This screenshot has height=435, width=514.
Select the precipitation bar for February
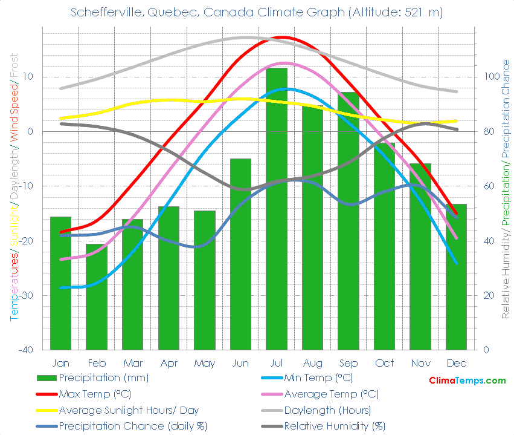97,296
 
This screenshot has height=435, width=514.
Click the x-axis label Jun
240,363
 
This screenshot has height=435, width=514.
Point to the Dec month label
456,363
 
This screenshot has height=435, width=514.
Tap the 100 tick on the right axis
489,77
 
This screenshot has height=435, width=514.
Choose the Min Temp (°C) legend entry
318,378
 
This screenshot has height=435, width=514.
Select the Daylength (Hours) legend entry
331,410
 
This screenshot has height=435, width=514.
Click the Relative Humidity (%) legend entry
335,425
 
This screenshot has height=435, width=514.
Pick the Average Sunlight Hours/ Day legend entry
128,410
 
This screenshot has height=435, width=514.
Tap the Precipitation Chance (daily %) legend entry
133,425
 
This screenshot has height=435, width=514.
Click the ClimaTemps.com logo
467,381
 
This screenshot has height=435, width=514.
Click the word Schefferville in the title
103,12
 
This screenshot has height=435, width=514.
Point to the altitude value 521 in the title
414,12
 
